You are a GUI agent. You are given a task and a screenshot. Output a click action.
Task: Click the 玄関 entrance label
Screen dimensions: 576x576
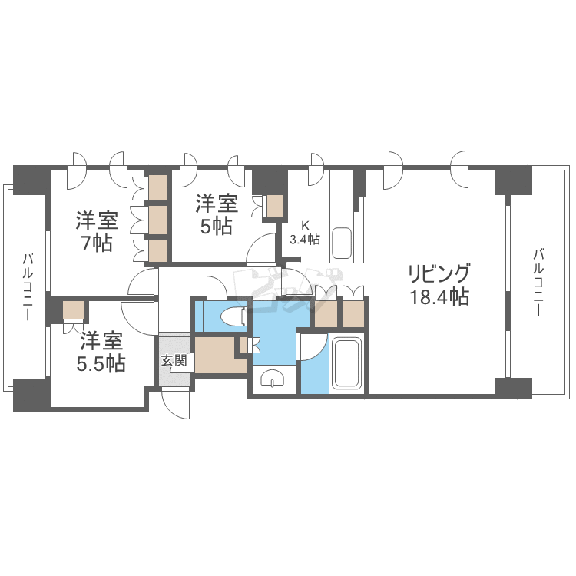tap(174, 360)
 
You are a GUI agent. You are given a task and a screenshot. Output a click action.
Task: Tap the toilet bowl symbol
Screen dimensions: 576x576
tap(231, 316)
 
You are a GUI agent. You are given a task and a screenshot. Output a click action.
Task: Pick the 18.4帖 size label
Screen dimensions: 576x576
tap(439, 298)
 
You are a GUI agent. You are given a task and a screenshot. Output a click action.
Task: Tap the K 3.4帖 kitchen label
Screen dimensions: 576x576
tap(304, 232)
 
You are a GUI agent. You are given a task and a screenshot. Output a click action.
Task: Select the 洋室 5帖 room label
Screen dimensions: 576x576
tap(217, 215)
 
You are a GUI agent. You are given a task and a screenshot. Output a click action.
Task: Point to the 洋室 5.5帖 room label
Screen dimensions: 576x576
tap(101, 352)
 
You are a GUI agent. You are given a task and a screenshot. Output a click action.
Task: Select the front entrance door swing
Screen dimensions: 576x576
tap(176, 404)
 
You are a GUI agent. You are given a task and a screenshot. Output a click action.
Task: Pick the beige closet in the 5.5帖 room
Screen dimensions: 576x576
tap(74, 311)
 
